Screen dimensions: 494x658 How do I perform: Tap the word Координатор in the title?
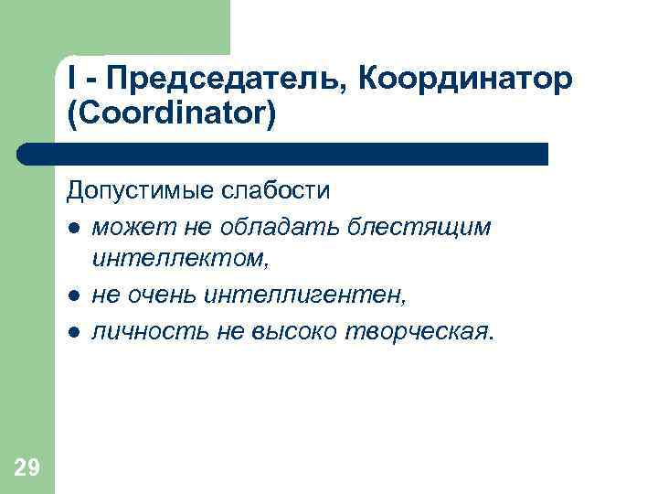click(466, 81)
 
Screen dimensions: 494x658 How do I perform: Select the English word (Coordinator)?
click(171, 115)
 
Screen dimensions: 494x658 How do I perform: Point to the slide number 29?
click(27, 469)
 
